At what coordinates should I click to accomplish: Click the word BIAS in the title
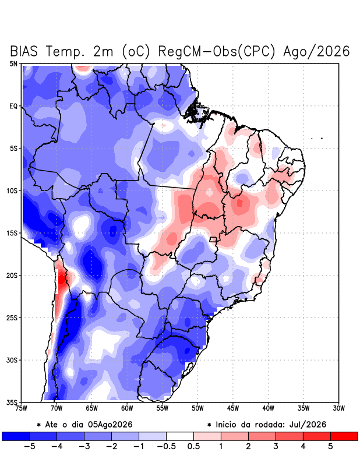24,51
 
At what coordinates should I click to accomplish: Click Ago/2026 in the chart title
316,51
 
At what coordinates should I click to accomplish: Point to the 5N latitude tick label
13,63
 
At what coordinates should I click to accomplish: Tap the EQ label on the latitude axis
13,106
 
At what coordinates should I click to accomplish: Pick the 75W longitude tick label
21,408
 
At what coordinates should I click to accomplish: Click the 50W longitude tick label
197,408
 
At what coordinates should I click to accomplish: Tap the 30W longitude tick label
338,408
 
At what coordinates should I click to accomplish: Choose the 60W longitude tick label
127,408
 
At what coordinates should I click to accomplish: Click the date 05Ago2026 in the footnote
110,425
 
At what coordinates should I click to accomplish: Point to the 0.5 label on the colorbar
193,446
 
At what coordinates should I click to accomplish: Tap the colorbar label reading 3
276,446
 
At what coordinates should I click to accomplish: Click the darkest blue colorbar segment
16,436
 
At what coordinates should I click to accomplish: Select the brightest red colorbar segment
344,436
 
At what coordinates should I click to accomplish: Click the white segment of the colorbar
180,436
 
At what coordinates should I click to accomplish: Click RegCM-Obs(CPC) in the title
217,51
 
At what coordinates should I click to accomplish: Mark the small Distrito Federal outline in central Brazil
213,239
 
